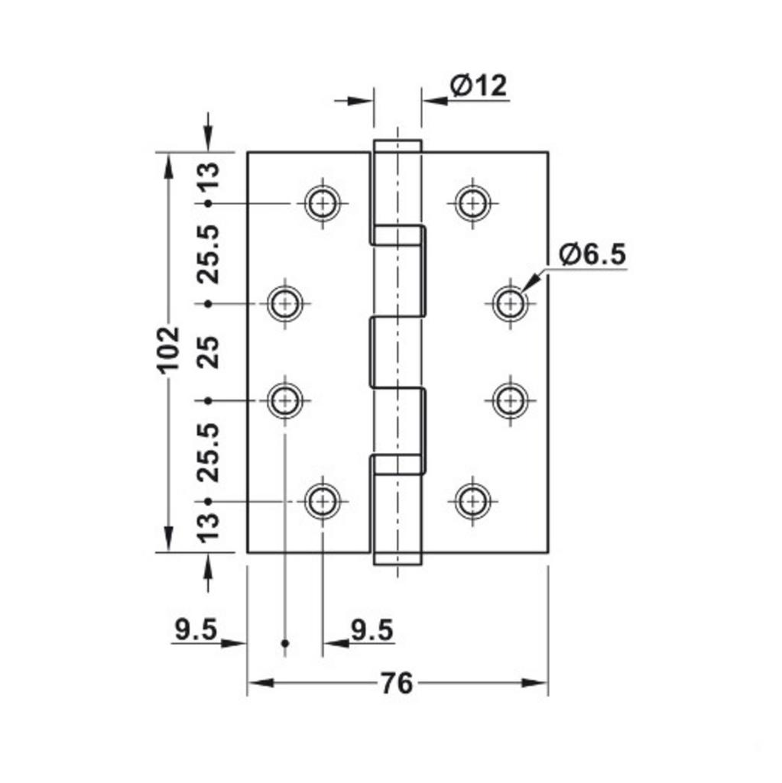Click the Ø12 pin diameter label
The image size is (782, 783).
(x=478, y=86)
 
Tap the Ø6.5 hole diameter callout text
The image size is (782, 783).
(x=592, y=254)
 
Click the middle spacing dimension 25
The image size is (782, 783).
(x=208, y=351)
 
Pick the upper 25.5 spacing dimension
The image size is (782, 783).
(x=208, y=254)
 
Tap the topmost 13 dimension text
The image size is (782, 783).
(x=208, y=176)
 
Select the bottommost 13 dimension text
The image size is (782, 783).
(x=208, y=526)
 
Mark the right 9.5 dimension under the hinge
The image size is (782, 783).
(x=372, y=630)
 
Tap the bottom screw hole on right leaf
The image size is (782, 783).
(x=472, y=501)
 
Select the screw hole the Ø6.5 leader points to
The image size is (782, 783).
(x=508, y=303)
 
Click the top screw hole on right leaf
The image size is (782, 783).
(x=472, y=203)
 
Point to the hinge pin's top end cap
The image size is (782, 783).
(x=397, y=147)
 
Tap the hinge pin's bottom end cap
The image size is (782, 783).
(x=397, y=558)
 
